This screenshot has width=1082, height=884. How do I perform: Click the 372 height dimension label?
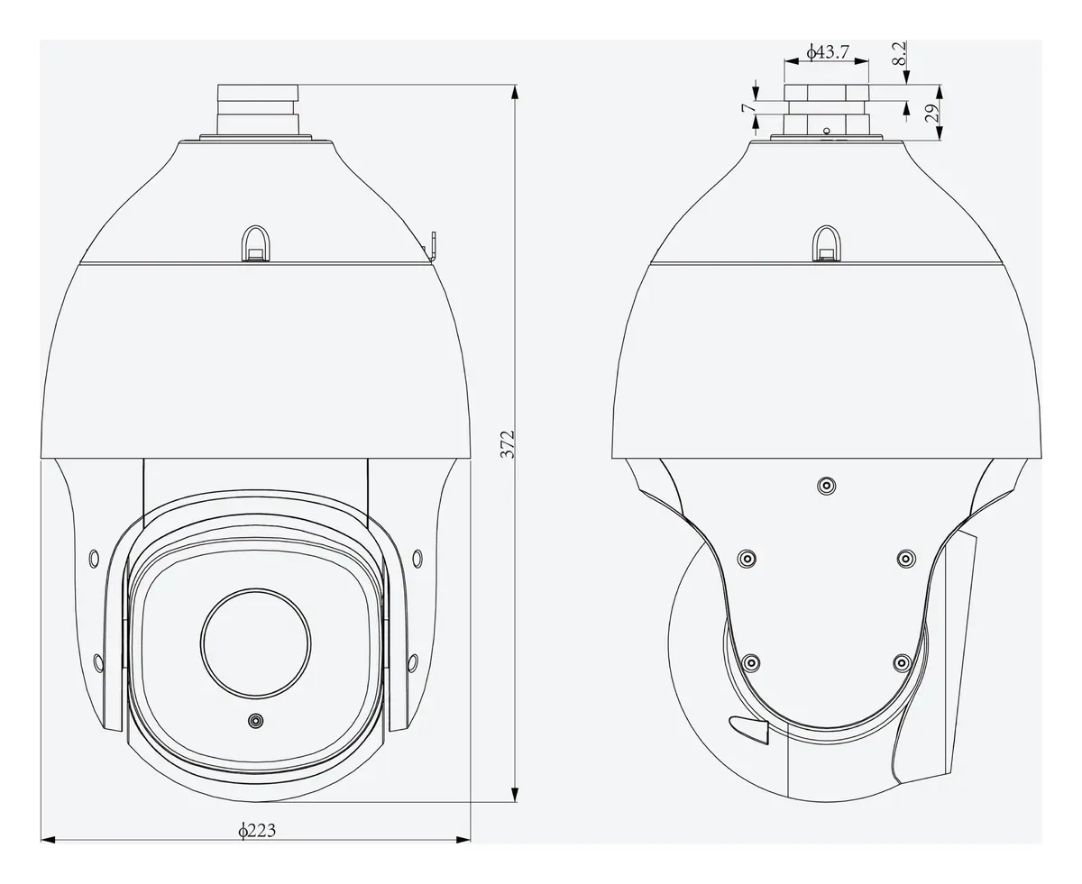507,444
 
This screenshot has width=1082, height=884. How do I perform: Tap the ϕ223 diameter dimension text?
257,830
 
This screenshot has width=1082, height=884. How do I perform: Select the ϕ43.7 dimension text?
828,51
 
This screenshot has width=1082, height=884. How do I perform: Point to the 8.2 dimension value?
899,53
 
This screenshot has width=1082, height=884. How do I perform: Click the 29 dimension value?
932,113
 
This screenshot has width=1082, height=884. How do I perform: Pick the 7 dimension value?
748,107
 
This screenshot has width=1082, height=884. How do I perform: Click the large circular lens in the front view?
255,643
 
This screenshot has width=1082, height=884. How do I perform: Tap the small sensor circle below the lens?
255,721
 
